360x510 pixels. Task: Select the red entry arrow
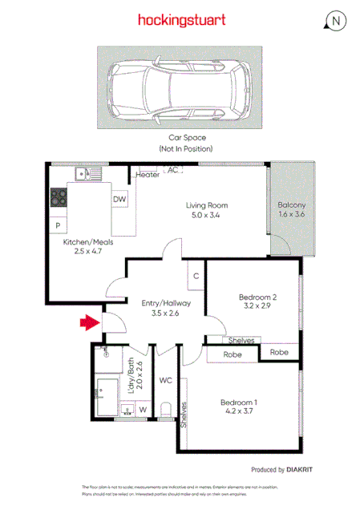[x=88, y=323]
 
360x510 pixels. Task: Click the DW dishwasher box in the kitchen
[x=119, y=200]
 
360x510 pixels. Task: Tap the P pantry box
[x=59, y=227]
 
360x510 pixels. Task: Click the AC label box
[x=172, y=170]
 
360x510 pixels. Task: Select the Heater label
[x=148, y=175]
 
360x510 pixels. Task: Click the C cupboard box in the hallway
[x=195, y=277]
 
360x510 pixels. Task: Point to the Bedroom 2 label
[x=258, y=297]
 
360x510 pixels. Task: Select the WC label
[x=165, y=380]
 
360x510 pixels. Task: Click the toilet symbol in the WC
[x=166, y=410]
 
